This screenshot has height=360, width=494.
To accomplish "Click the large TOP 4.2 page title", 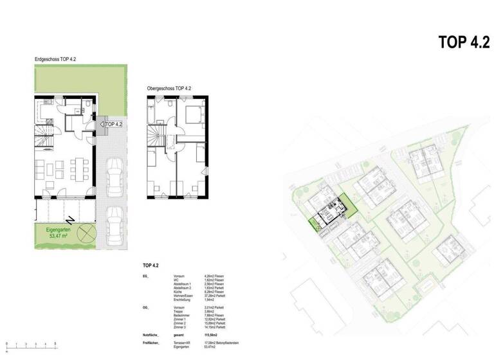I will pyautogui.click(x=463, y=42).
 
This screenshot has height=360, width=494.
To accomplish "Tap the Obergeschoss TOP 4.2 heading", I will pyautogui.click(x=169, y=88).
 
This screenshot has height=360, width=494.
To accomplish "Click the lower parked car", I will pyautogui.click(x=114, y=224).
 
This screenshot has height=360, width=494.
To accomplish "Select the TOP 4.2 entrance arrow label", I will pyautogui.click(x=112, y=124).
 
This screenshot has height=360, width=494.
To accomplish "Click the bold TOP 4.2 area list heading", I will pyautogui.click(x=152, y=265).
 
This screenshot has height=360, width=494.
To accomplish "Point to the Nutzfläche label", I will pyautogui.click(x=152, y=336).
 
